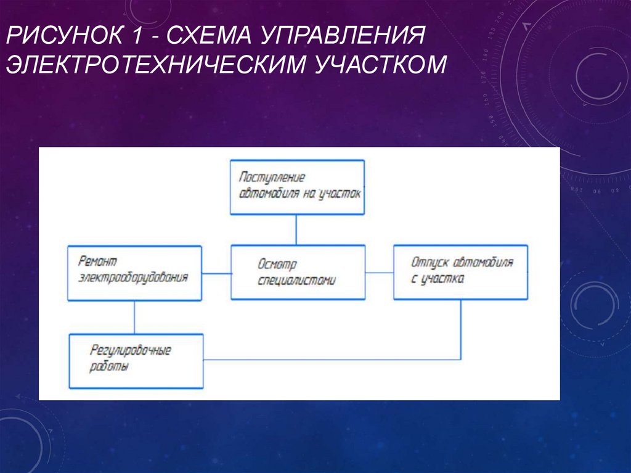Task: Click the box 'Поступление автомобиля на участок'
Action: pyautogui.click(x=297, y=187)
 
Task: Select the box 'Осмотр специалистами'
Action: pyautogui.click(x=298, y=272)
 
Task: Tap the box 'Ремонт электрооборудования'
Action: pyautogui.click(x=134, y=273)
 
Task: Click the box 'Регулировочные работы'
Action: pyautogui.click(x=136, y=360)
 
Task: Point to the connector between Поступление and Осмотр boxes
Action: pyautogui.click(x=296, y=229)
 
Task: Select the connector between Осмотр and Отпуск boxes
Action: pyautogui.click(x=379, y=272)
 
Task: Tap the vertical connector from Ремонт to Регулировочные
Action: pyautogui.click(x=134, y=317)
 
